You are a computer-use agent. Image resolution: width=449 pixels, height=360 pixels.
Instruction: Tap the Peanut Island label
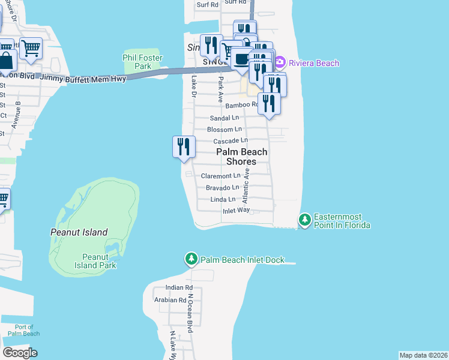pyautogui.click(x=79, y=232)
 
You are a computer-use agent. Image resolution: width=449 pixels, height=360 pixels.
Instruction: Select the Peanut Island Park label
pyautogui.click(x=95, y=261)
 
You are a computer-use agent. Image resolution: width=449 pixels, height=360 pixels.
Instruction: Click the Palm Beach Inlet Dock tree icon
pyautogui.click(x=191, y=259)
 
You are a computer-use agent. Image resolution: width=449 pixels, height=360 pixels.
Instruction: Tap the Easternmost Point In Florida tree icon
pyautogui.click(x=305, y=220)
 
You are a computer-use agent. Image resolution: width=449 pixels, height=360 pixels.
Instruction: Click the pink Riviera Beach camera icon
pyautogui.click(x=280, y=62)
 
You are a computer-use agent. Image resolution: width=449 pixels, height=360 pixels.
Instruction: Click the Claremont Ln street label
pyautogui.click(x=220, y=176)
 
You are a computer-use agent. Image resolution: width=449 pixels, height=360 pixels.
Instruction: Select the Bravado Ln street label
pyautogui.click(x=223, y=188)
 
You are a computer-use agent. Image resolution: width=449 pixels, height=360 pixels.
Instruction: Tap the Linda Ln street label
pyautogui.click(x=223, y=199)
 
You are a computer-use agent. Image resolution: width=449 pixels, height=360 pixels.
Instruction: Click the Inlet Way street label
pyautogui.click(x=236, y=211)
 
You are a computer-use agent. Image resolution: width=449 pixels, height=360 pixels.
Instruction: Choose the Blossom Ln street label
pyautogui.click(x=224, y=129)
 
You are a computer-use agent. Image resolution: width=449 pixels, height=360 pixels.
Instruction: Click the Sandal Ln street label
pyautogui.click(x=224, y=118)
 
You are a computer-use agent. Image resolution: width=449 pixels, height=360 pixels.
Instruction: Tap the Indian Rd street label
pyautogui.click(x=170, y=288)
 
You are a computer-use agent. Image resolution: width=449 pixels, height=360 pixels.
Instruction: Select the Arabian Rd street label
pyautogui.click(x=170, y=300)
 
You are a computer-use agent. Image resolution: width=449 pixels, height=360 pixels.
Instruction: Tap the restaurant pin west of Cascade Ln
pyautogui.click(x=184, y=147)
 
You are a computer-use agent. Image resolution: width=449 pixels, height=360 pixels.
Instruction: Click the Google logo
pyautogui.click(x=20, y=353)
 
